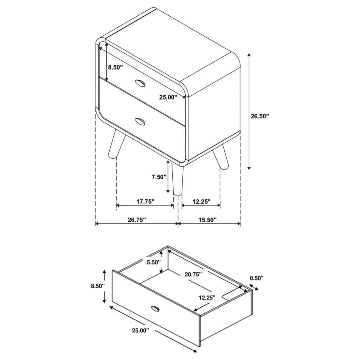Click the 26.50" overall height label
coord(260,116)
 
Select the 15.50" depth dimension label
coord(206,220)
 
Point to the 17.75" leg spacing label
coord(145,202)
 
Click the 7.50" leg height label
coord(159,177)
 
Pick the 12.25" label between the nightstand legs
coord(201,202)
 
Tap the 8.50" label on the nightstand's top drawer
coord(115,68)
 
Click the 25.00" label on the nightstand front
coord(168,97)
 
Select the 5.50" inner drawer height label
coord(153,262)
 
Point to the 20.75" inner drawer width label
coord(193,274)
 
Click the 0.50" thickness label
coord(256,278)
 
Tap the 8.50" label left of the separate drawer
coord(98,286)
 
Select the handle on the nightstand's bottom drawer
coord(140,121)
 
